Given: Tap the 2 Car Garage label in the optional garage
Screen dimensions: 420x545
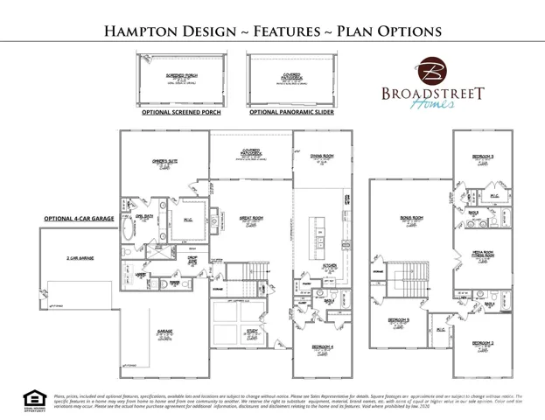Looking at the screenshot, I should click(80, 259).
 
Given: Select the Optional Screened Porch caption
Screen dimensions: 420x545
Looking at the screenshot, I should click(181, 113).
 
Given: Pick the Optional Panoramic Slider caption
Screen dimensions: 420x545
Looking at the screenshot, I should click(288, 113).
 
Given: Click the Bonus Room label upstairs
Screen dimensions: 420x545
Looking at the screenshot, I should click(404, 219).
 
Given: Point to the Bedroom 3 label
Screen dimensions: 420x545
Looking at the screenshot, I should click(482, 157).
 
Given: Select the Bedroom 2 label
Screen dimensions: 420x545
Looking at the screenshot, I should click(482, 343).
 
